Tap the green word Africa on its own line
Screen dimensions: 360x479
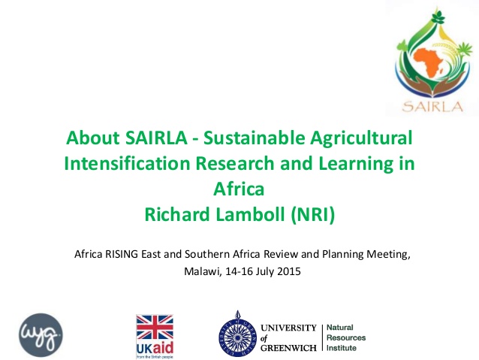pos(239,189)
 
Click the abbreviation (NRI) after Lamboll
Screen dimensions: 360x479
pos(314,216)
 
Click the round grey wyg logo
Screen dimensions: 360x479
pos(41,332)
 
